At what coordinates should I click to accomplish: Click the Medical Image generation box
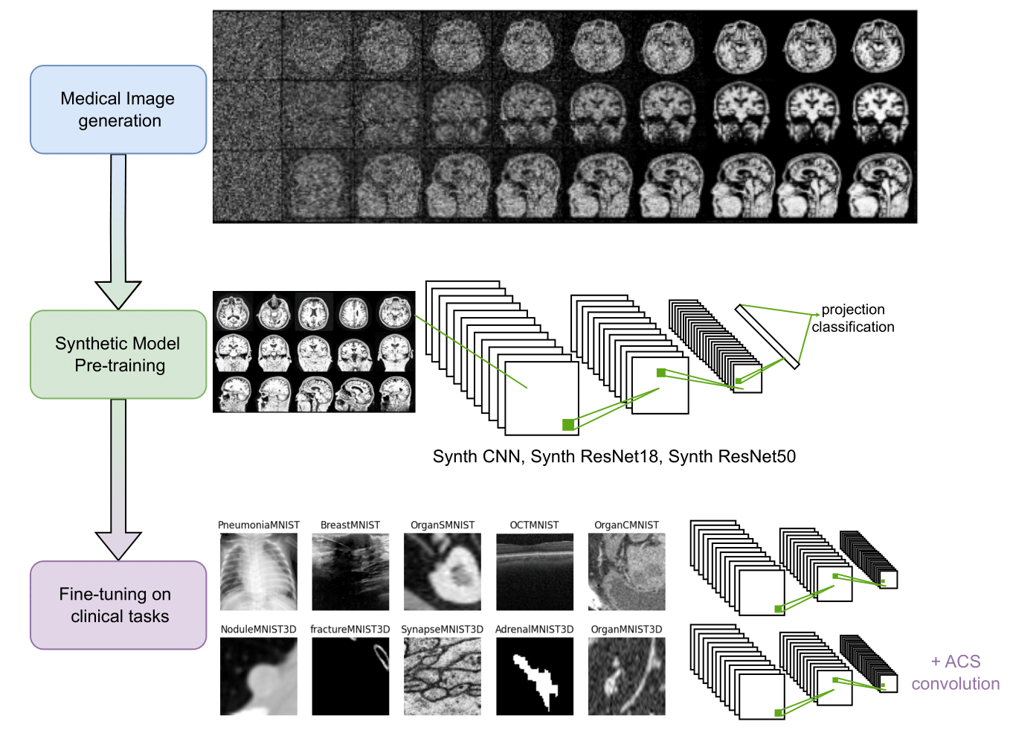tap(118, 109)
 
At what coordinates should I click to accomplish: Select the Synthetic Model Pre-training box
tap(118, 354)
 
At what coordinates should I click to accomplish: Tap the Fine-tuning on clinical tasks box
tap(118, 605)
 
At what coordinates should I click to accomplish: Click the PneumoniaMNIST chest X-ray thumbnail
tap(259, 572)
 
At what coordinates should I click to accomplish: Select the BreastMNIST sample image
tap(350, 572)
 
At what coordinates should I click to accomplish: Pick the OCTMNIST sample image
tap(535, 572)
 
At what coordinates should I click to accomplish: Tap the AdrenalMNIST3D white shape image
tap(535, 676)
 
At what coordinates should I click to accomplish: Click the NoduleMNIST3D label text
tap(258, 630)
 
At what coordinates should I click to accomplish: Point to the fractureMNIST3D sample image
tap(350, 676)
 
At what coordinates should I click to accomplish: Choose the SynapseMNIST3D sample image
tap(443, 676)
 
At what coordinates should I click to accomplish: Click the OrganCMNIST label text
tap(626, 525)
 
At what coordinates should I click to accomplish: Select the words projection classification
tap(853, 318)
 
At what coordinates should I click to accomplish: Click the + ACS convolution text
tap(956, 673)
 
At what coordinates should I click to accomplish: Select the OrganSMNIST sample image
tap(443, 572)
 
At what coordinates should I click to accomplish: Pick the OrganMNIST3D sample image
tap(626, 676)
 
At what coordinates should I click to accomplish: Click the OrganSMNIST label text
tap(443, 525)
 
